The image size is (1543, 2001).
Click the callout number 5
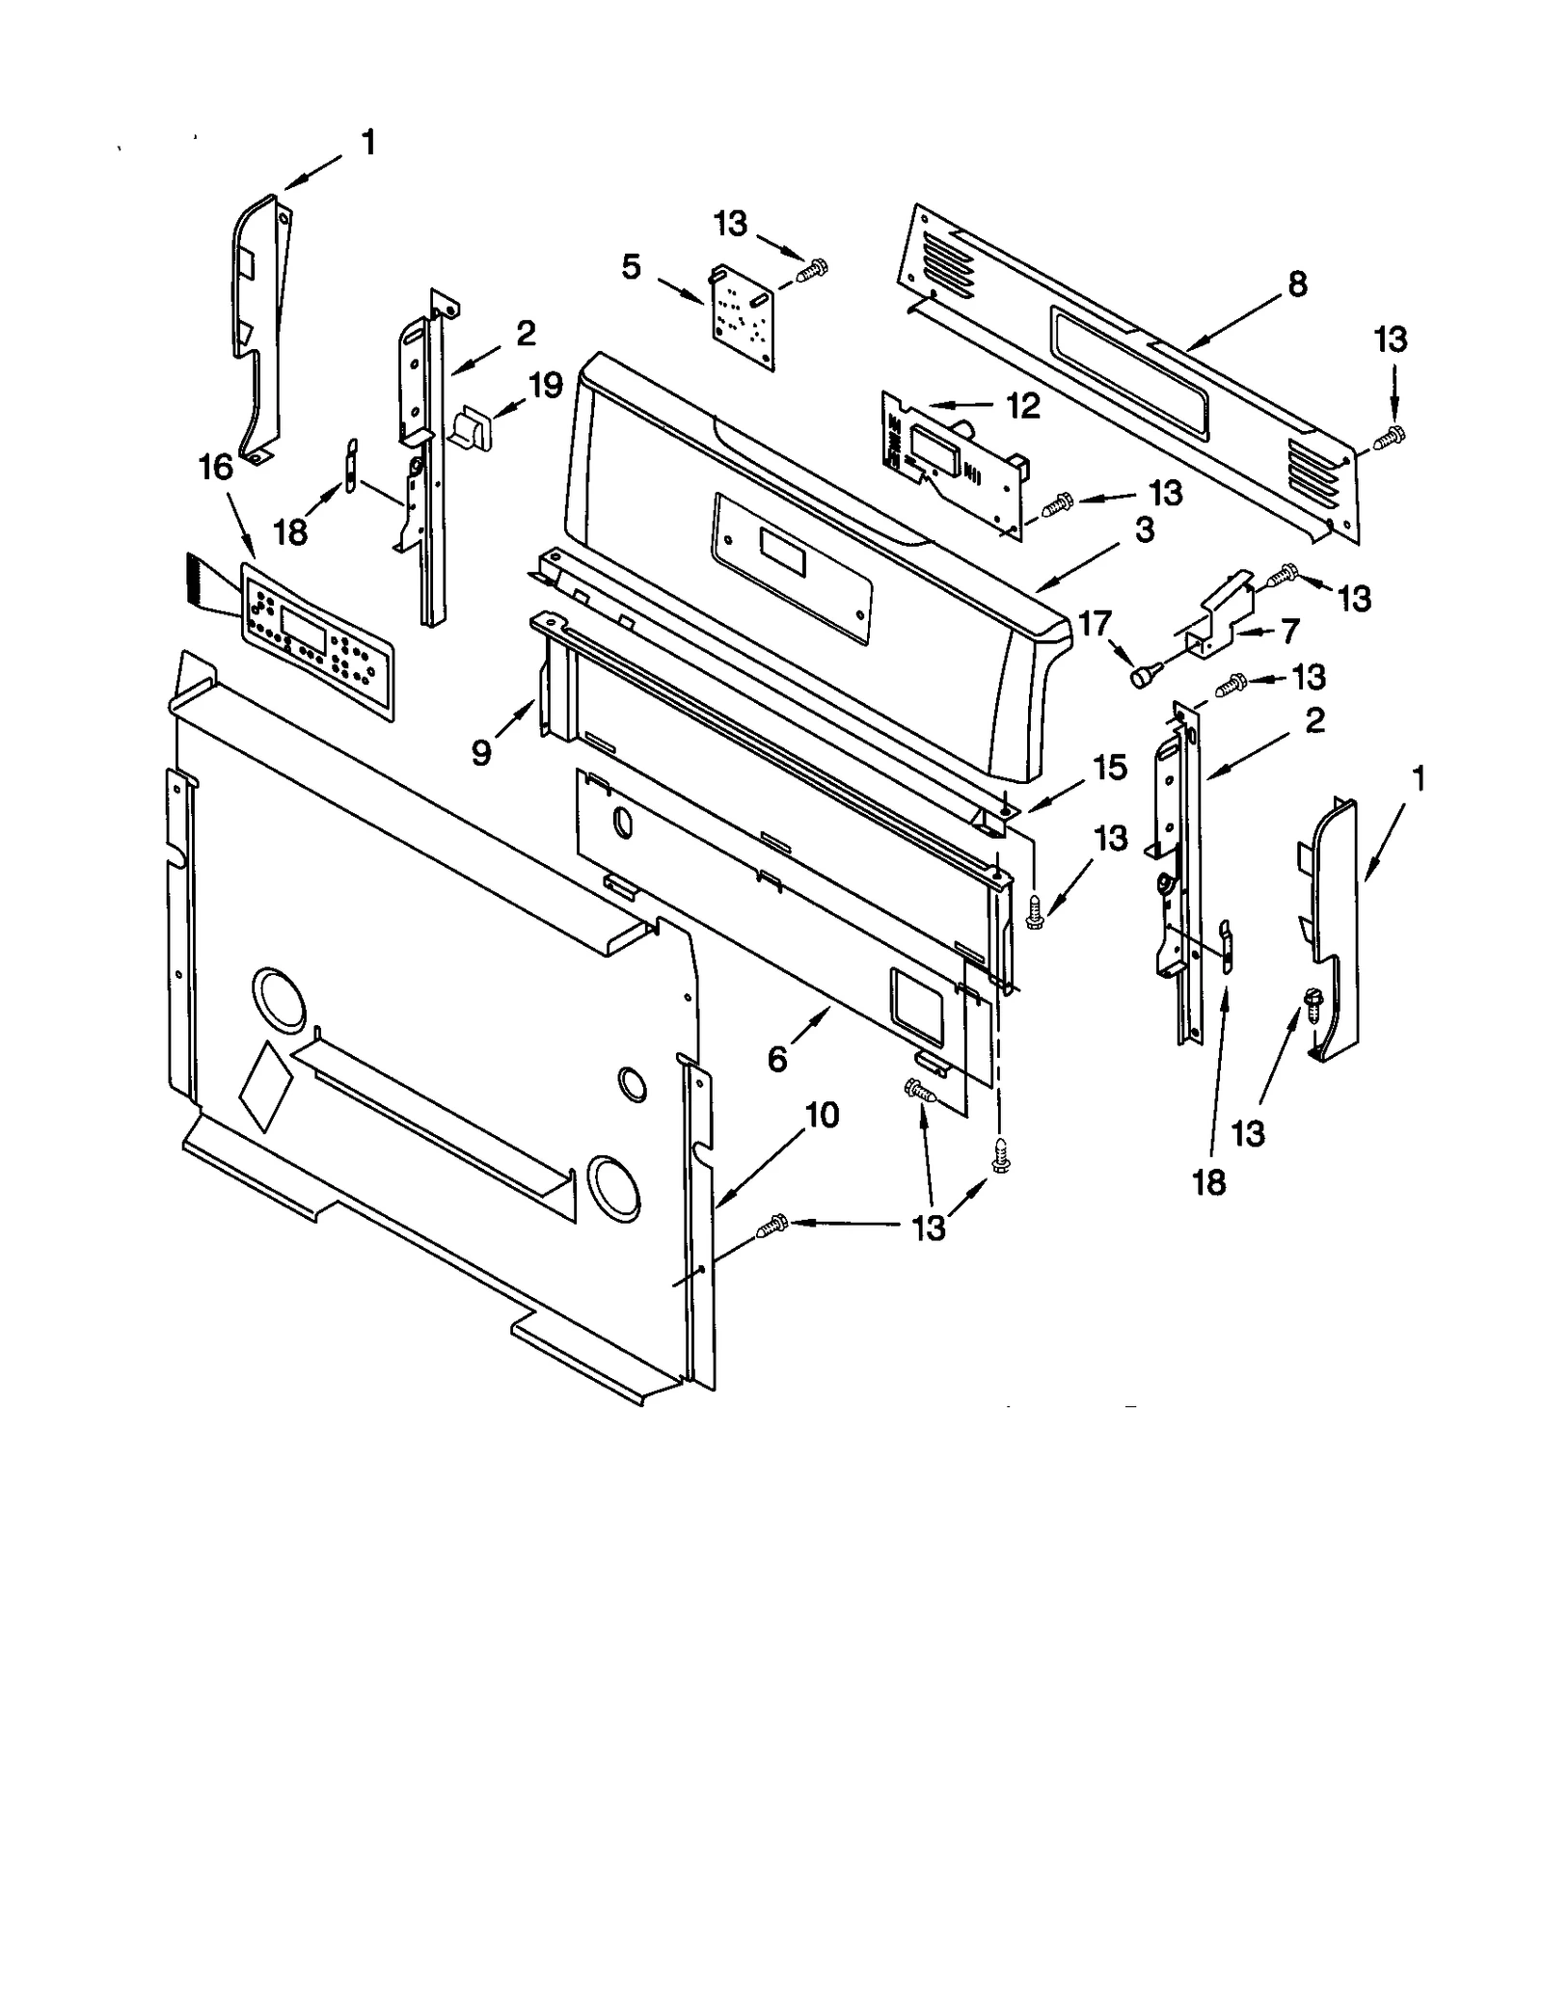click(x=631, y=267)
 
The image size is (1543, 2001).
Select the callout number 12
click(x=1023, y=406)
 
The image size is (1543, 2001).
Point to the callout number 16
click(x=216, y=468)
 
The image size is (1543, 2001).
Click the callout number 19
click(x=546, y=386)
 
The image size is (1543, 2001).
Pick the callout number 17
click(x=1095, y=625)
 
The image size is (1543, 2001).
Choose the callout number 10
click(x=822, y=1116)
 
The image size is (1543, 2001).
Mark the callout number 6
click(x=777, y=1059)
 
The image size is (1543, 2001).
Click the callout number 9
click(x=481, y=752)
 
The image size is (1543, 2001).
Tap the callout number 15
click(x=1109, y=768)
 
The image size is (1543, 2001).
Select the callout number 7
click(x=1289, y=632)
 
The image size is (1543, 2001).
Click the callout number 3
click(x=1144, y=529)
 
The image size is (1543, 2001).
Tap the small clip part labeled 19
click(x=472, y=427)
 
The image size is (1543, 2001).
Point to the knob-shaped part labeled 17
click(x=1143, y=677)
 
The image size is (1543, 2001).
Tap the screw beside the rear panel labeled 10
click(x=773, y=1226)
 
